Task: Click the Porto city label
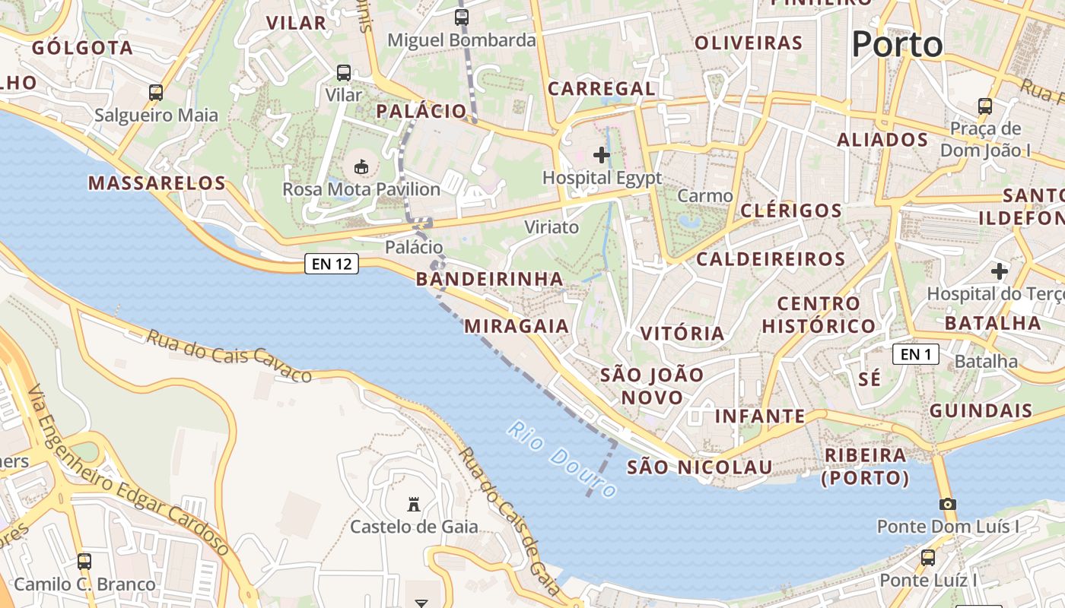pyautogui.click(x=897, y=45)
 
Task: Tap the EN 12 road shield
pyautogui.click(x=332, y=264)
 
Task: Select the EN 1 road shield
pyautogui.click(x=916, y=354)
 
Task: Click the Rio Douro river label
pyautogui.click(x=561, y=460)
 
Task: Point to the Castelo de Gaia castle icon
pyautogui.click(x=414, y=505)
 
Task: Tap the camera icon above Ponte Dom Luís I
pyautogui.click(x=947, y=504)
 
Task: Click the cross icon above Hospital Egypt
pyautogui.click(x=602, y=156)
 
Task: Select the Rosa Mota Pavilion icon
pyautogui.click(x=361, y=166)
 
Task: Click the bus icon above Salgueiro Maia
pyautogui.click(x=156, y=93)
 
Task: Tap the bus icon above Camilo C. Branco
pyautogui.click(x=84, y=562)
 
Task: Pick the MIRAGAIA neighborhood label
pyautogui.click(x=517, y=326)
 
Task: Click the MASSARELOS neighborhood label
pyautogui.click(x=157, y=183)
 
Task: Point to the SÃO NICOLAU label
pyautogui.click(x=699, y=467)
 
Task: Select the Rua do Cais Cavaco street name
pyautogui.click(x=229, y=356)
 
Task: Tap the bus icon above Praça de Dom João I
pyautogui.click(x=985, y=106)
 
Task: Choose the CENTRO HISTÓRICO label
pyautogui.click(x=819, y=315)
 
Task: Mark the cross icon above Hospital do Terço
pyautogui.click(x=1000, y=271)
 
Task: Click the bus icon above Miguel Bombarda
pyautogui.click(x=462, y=17)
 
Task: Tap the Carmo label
pyautogui.click(x=704, y=196)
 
